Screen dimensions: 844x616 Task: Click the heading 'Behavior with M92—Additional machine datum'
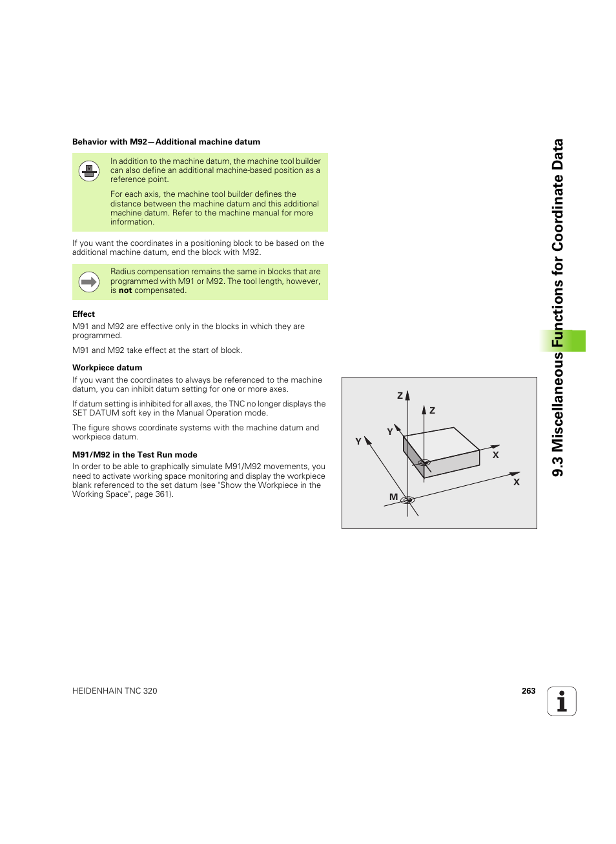pos(166,142)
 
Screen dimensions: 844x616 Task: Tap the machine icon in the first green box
pos(89,172)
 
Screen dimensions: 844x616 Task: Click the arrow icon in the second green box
pos(89,282)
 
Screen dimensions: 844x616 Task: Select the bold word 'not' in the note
pos(125,290)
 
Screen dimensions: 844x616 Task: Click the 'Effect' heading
pos(83,314)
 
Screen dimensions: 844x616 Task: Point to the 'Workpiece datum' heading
pos(107,368)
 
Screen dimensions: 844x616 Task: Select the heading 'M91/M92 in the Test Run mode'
pos(134,455)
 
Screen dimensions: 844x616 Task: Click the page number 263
pos(528,691)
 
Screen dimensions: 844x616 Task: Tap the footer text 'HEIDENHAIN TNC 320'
pos(115,691)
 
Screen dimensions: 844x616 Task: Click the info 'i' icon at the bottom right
pos(562,701)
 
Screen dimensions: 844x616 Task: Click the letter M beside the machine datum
pos(393,497)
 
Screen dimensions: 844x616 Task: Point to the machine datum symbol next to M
pos(407,499)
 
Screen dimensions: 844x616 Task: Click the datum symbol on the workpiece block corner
pos(424,463)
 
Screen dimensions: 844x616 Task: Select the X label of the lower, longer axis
pos(517,482)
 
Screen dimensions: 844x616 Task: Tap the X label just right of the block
pos(496,455)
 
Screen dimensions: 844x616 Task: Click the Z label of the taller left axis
pos(400,396)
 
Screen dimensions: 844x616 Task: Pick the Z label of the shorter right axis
pos(432,410)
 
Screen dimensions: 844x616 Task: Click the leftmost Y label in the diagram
pos(358,441)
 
